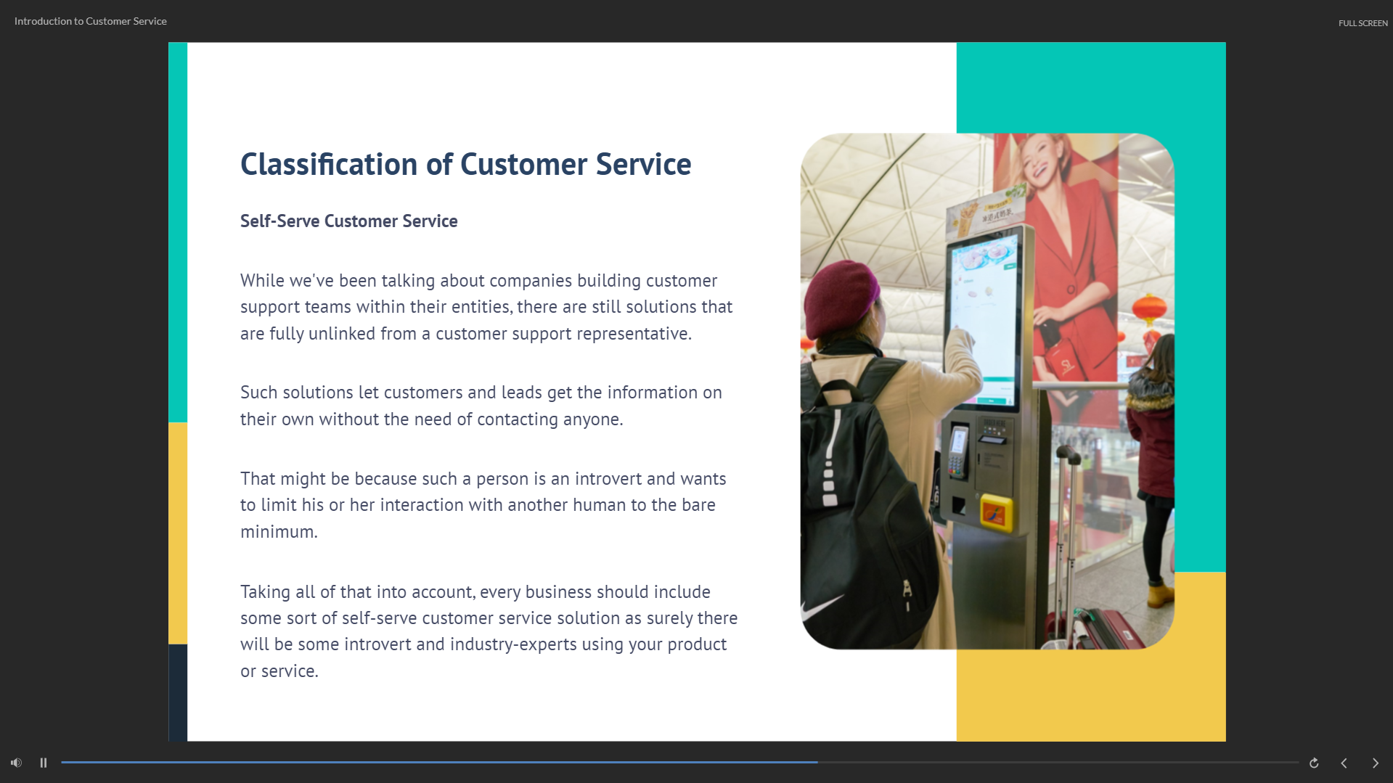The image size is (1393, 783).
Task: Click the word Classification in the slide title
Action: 330,165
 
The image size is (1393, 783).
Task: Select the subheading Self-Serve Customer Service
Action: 349,221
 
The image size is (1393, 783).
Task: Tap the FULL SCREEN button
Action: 1363,23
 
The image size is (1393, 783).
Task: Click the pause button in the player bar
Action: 44,763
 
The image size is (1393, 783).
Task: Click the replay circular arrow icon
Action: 1314,763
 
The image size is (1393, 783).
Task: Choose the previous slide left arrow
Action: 1344,763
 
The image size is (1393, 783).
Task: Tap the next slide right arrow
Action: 1375,763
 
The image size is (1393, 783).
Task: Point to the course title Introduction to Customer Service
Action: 91,21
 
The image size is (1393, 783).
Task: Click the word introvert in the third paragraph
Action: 608,479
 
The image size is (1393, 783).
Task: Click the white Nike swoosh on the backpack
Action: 822,605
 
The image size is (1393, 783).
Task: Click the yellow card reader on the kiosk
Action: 996,512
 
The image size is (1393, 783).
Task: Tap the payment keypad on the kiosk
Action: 957,454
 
